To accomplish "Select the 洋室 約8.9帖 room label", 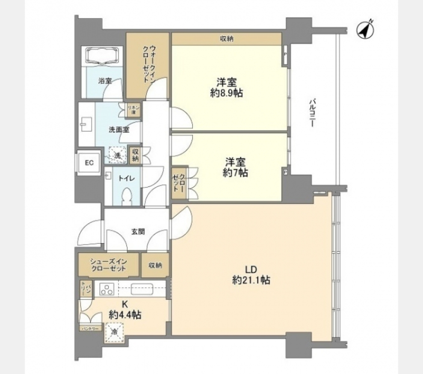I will (x=227, y=87).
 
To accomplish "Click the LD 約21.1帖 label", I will (x=251, y=274).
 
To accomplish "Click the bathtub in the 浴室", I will (x=105, y=56).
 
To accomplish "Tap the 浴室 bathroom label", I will (x=105, y=81).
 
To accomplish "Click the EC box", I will (x=89, y=162).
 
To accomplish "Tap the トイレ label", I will (x=128, y=178).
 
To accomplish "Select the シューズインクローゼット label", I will (x=108, y=265).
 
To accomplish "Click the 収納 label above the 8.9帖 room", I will (x=226, y=39).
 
